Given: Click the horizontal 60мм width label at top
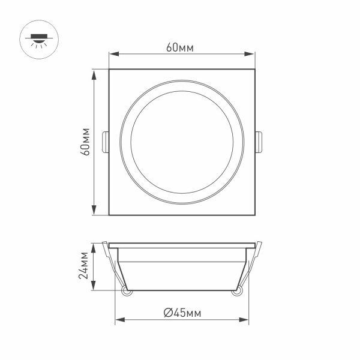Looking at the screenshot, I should click(x=182, y=47).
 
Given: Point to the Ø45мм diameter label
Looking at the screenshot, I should click(x=182, y=312).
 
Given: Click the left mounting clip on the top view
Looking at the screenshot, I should click(x=106, y=142).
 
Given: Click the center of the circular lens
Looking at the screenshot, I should click(x=182, y=143).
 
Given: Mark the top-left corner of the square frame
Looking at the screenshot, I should click(x=109, y=70).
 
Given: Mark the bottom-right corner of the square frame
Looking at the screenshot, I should click(x=255, y=215).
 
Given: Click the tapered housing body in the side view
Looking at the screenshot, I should click(x=182, y=270).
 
